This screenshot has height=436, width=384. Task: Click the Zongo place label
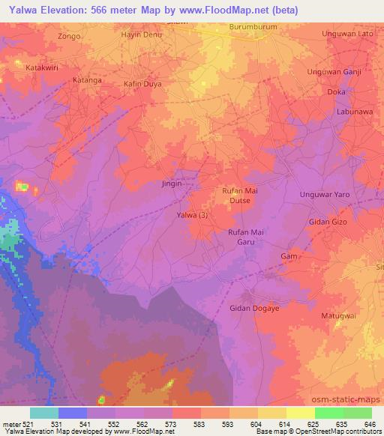[68, 35]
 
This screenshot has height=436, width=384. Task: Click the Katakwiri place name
[23, 67]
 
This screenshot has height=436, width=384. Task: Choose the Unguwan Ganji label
[335, 72]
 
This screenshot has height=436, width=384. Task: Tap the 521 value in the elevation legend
[28, 424]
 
